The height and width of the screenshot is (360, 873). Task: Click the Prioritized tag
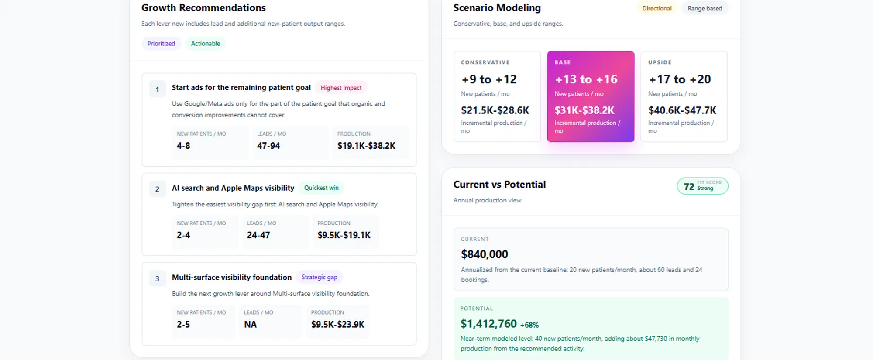[161, 44]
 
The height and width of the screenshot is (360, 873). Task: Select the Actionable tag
[206, 44]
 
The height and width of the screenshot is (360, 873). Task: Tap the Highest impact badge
[341, 88]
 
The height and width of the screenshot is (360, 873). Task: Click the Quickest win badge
[321, 188]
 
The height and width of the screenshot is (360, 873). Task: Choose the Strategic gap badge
[320, 277]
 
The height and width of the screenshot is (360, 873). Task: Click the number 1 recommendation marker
[157, 89]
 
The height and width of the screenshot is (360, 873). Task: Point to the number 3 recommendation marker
[157, 279]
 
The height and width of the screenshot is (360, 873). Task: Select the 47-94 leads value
[268, 146]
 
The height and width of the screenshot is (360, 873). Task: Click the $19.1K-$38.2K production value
[366, 146]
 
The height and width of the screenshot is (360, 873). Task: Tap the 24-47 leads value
[258, 235]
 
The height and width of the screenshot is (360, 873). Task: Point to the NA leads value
[250, 325]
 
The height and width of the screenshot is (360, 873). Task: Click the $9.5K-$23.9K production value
[338, 325]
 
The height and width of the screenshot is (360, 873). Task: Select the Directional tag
[657, 8]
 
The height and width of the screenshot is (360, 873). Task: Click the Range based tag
[705, 8]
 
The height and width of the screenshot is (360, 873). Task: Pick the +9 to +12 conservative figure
[489, 79]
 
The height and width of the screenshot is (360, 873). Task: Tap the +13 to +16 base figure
[586, 79]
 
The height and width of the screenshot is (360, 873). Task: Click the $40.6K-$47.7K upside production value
[682, 110]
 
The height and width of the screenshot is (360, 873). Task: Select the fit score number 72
[689, 187]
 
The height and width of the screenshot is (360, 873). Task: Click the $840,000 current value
[485, 254]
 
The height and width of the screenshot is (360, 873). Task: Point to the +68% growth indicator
[529, 325]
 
